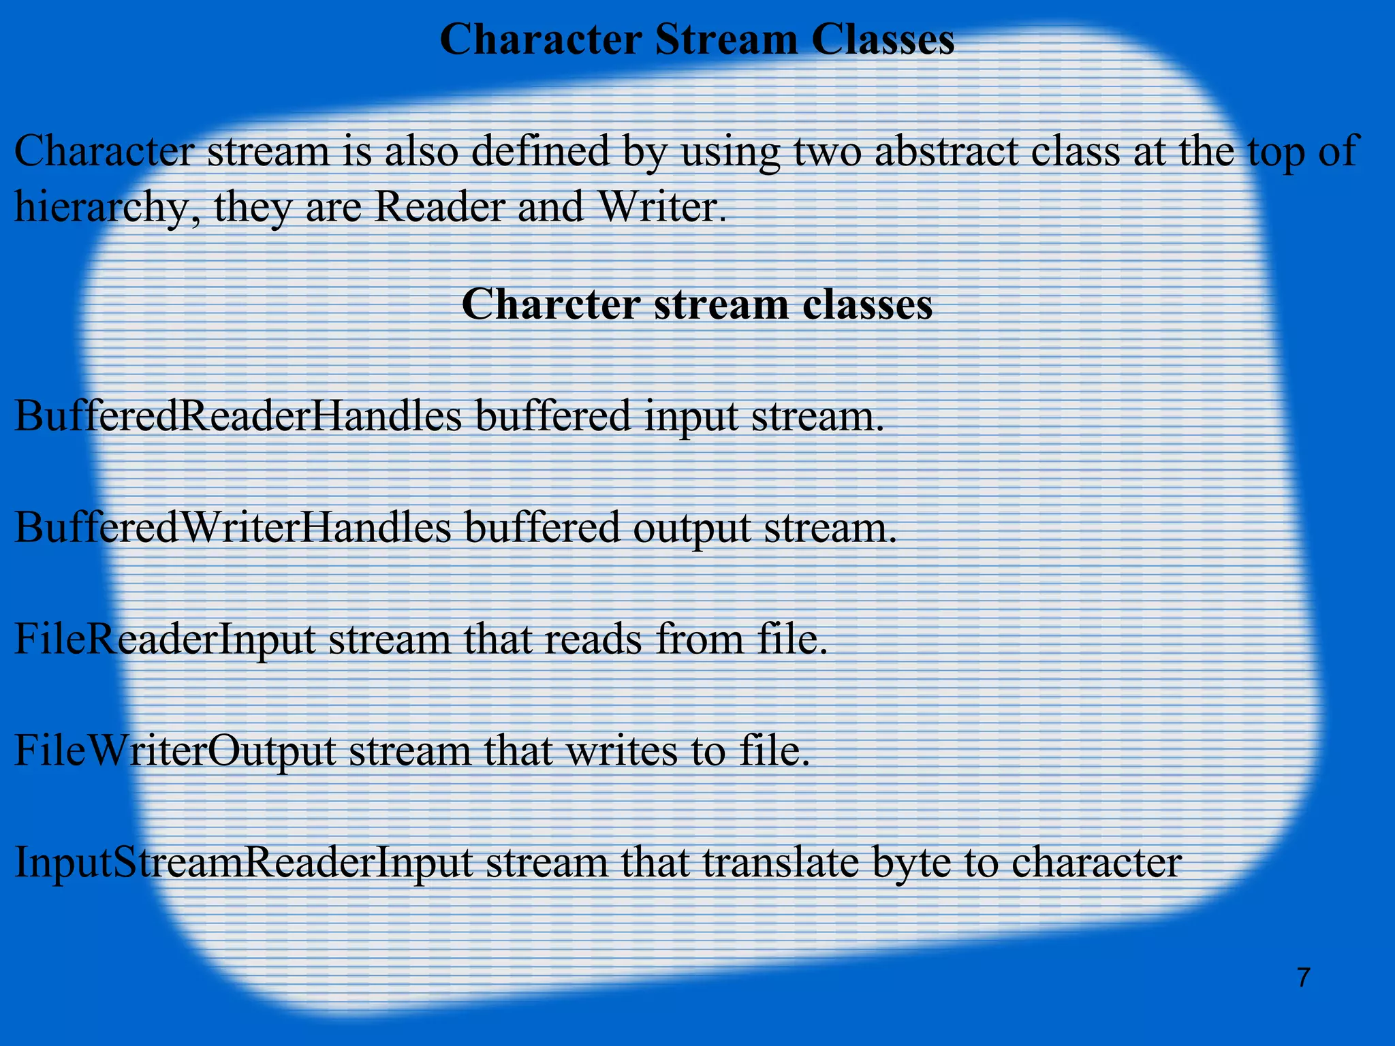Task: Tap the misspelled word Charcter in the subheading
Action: point(550,304)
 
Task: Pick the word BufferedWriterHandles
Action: point(232,527)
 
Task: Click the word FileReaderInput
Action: point(164,640)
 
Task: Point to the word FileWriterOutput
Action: point(174,751)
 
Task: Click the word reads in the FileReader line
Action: point(592,640)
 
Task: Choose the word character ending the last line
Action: point(1097,863)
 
